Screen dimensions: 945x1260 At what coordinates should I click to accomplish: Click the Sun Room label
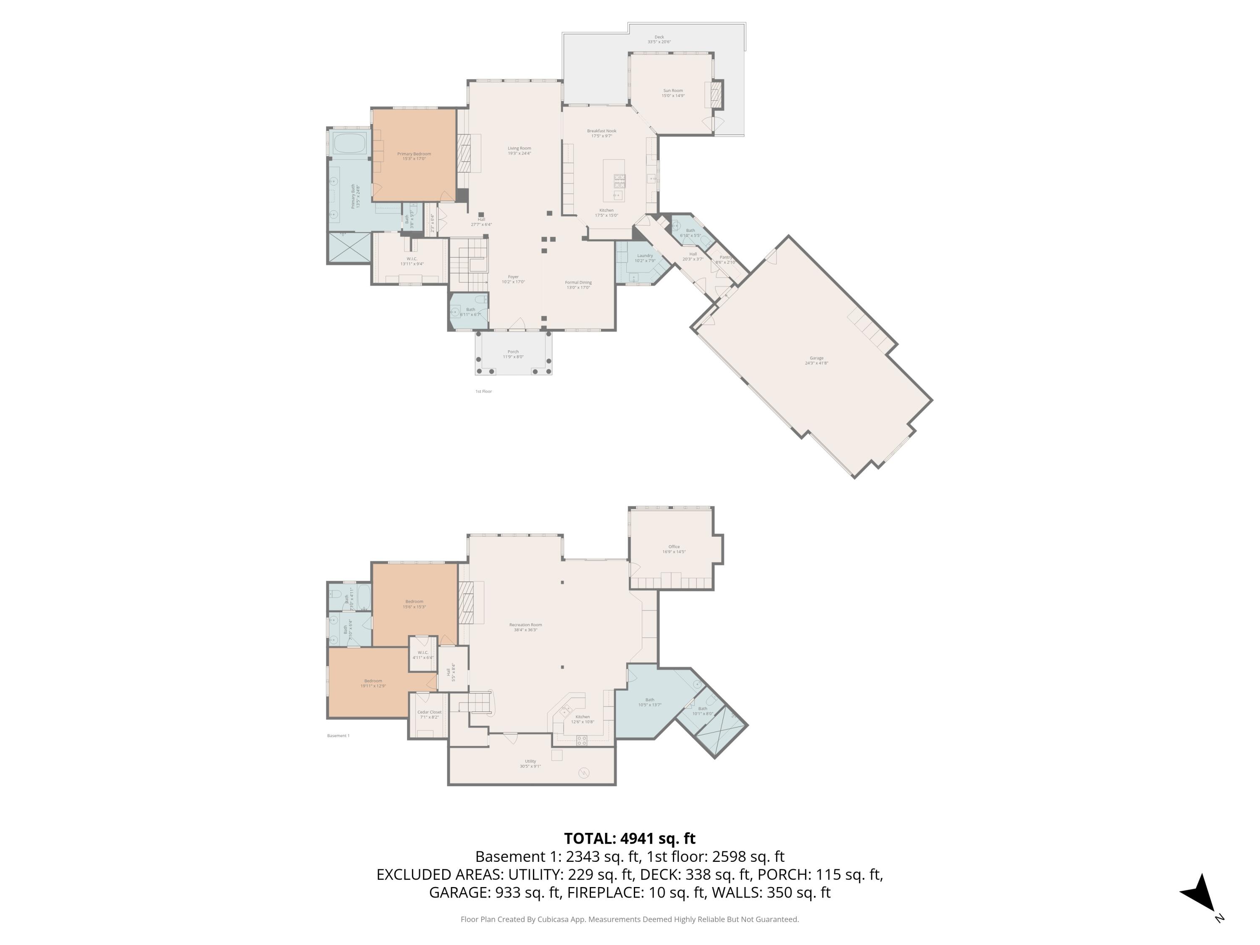click(x=673, y=91)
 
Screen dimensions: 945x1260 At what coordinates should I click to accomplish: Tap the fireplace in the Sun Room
click(x=715, y=95)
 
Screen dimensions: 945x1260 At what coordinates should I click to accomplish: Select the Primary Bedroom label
click(x=414, y=154)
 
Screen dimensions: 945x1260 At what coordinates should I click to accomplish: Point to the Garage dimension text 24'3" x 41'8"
click(x=816, y=363)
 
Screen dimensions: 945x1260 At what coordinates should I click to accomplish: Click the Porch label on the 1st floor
click(x=513, y=352)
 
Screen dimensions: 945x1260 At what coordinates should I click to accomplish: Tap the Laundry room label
click(x=645, y=256)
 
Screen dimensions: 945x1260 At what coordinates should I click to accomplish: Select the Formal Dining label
click(x=578, y=283)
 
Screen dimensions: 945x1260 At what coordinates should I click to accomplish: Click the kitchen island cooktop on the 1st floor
click(x=619, y=181)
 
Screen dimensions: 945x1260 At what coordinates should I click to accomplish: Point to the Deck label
click(x=659, y=37)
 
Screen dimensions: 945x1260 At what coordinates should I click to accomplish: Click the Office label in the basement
click(x=674, y=547)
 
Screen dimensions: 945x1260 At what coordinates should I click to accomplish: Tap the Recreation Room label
click(x=525, y=625)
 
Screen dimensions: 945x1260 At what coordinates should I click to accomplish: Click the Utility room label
click(x=530, y=761)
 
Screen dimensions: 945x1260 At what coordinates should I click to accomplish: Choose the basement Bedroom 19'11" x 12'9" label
click(x=373, y=681)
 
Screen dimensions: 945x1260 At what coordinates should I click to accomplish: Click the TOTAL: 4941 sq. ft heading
click(x=630, y=838)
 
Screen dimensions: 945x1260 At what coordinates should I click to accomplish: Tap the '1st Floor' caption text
click(x=483, y=391)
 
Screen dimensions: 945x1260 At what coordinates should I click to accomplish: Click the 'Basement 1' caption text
click(x=339, y=735)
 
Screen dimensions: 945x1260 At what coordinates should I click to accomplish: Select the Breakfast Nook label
click(x=601, y=131)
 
